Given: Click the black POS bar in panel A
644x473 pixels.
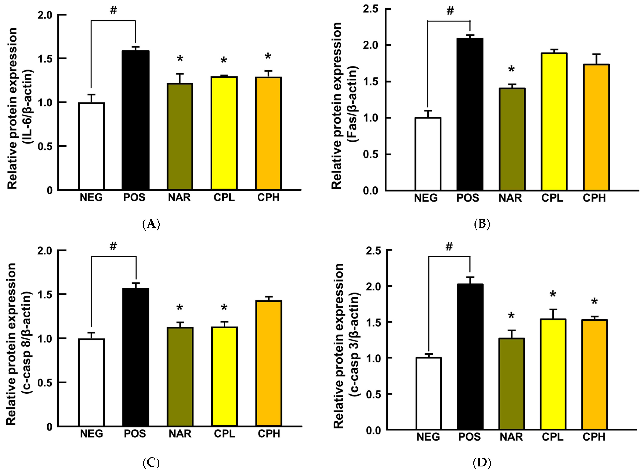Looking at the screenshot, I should tap(135, 120).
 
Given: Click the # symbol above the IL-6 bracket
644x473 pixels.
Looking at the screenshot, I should tap(113, 10).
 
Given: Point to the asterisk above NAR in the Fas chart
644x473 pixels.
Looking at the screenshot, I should tap(511, 69).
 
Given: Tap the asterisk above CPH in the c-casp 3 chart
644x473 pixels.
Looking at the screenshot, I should tap(594, 301).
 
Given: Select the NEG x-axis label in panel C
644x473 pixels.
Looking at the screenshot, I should tap(91, 434).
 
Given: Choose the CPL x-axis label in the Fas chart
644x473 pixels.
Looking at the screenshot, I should tap(552, 198).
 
